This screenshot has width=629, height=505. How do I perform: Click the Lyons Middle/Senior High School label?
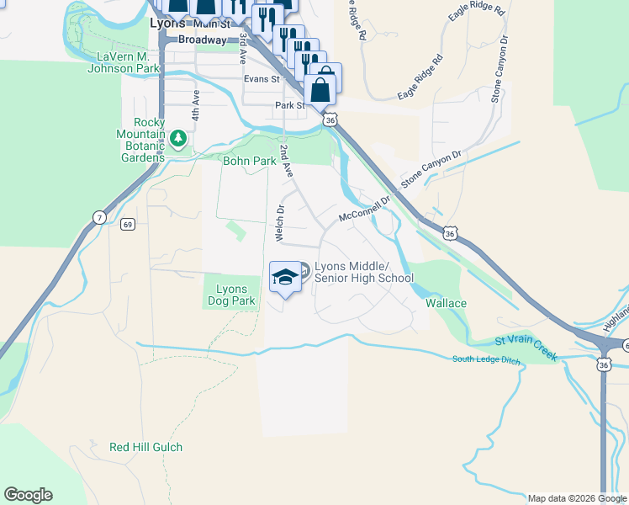click(x=363, y=271)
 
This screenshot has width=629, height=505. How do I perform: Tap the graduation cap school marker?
click(x=285, y=277)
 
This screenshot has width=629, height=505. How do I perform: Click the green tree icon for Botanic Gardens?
click(x=177, y=137)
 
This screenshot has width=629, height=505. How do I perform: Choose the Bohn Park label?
click(x=249, y=161)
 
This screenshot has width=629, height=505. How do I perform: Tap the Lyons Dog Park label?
click(x=230, y=295)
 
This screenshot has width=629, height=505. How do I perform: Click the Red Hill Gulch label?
click(x=145, y=447)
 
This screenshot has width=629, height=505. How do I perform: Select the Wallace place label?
click(x=446, y=303)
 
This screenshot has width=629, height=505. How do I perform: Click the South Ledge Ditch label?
click(x=486, y=360)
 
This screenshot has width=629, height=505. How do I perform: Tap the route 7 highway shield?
click(x=99, y=218)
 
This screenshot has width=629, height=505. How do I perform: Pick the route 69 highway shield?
click(x=127, y=225)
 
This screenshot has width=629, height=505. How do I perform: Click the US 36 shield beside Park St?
click(x=331, y=120)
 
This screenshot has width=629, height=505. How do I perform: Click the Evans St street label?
click(x=261, y=79)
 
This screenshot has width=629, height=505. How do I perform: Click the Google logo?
click(x=28, y=495)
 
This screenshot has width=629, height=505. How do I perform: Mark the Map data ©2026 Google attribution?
click(x=576, y=498)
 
